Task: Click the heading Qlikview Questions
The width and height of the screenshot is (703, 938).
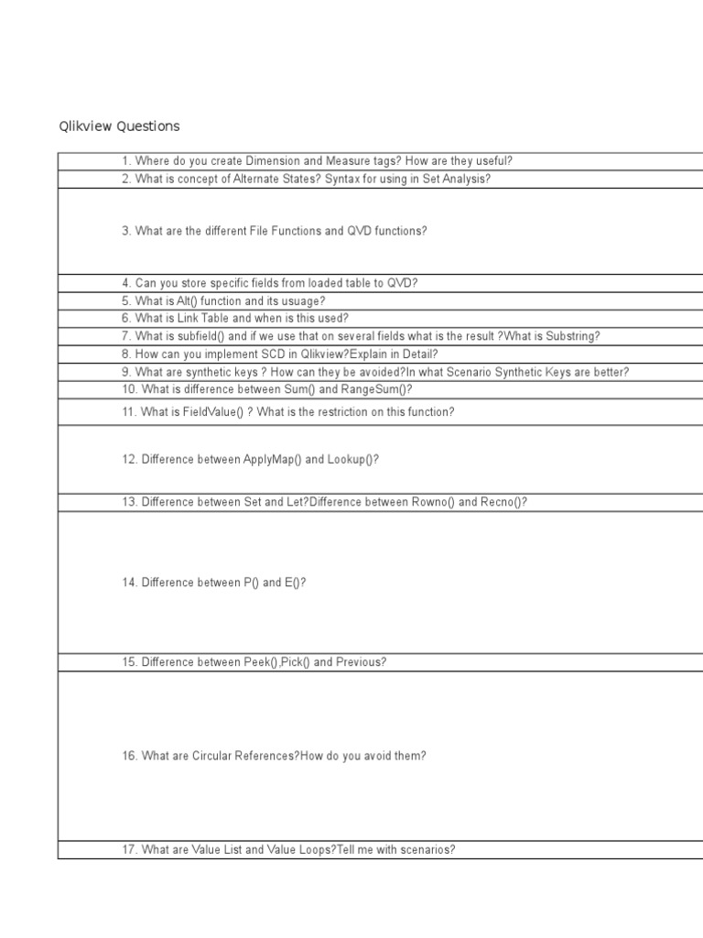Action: click(x=120, y=126)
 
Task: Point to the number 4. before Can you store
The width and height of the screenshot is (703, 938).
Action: click(x=126, y=283)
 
